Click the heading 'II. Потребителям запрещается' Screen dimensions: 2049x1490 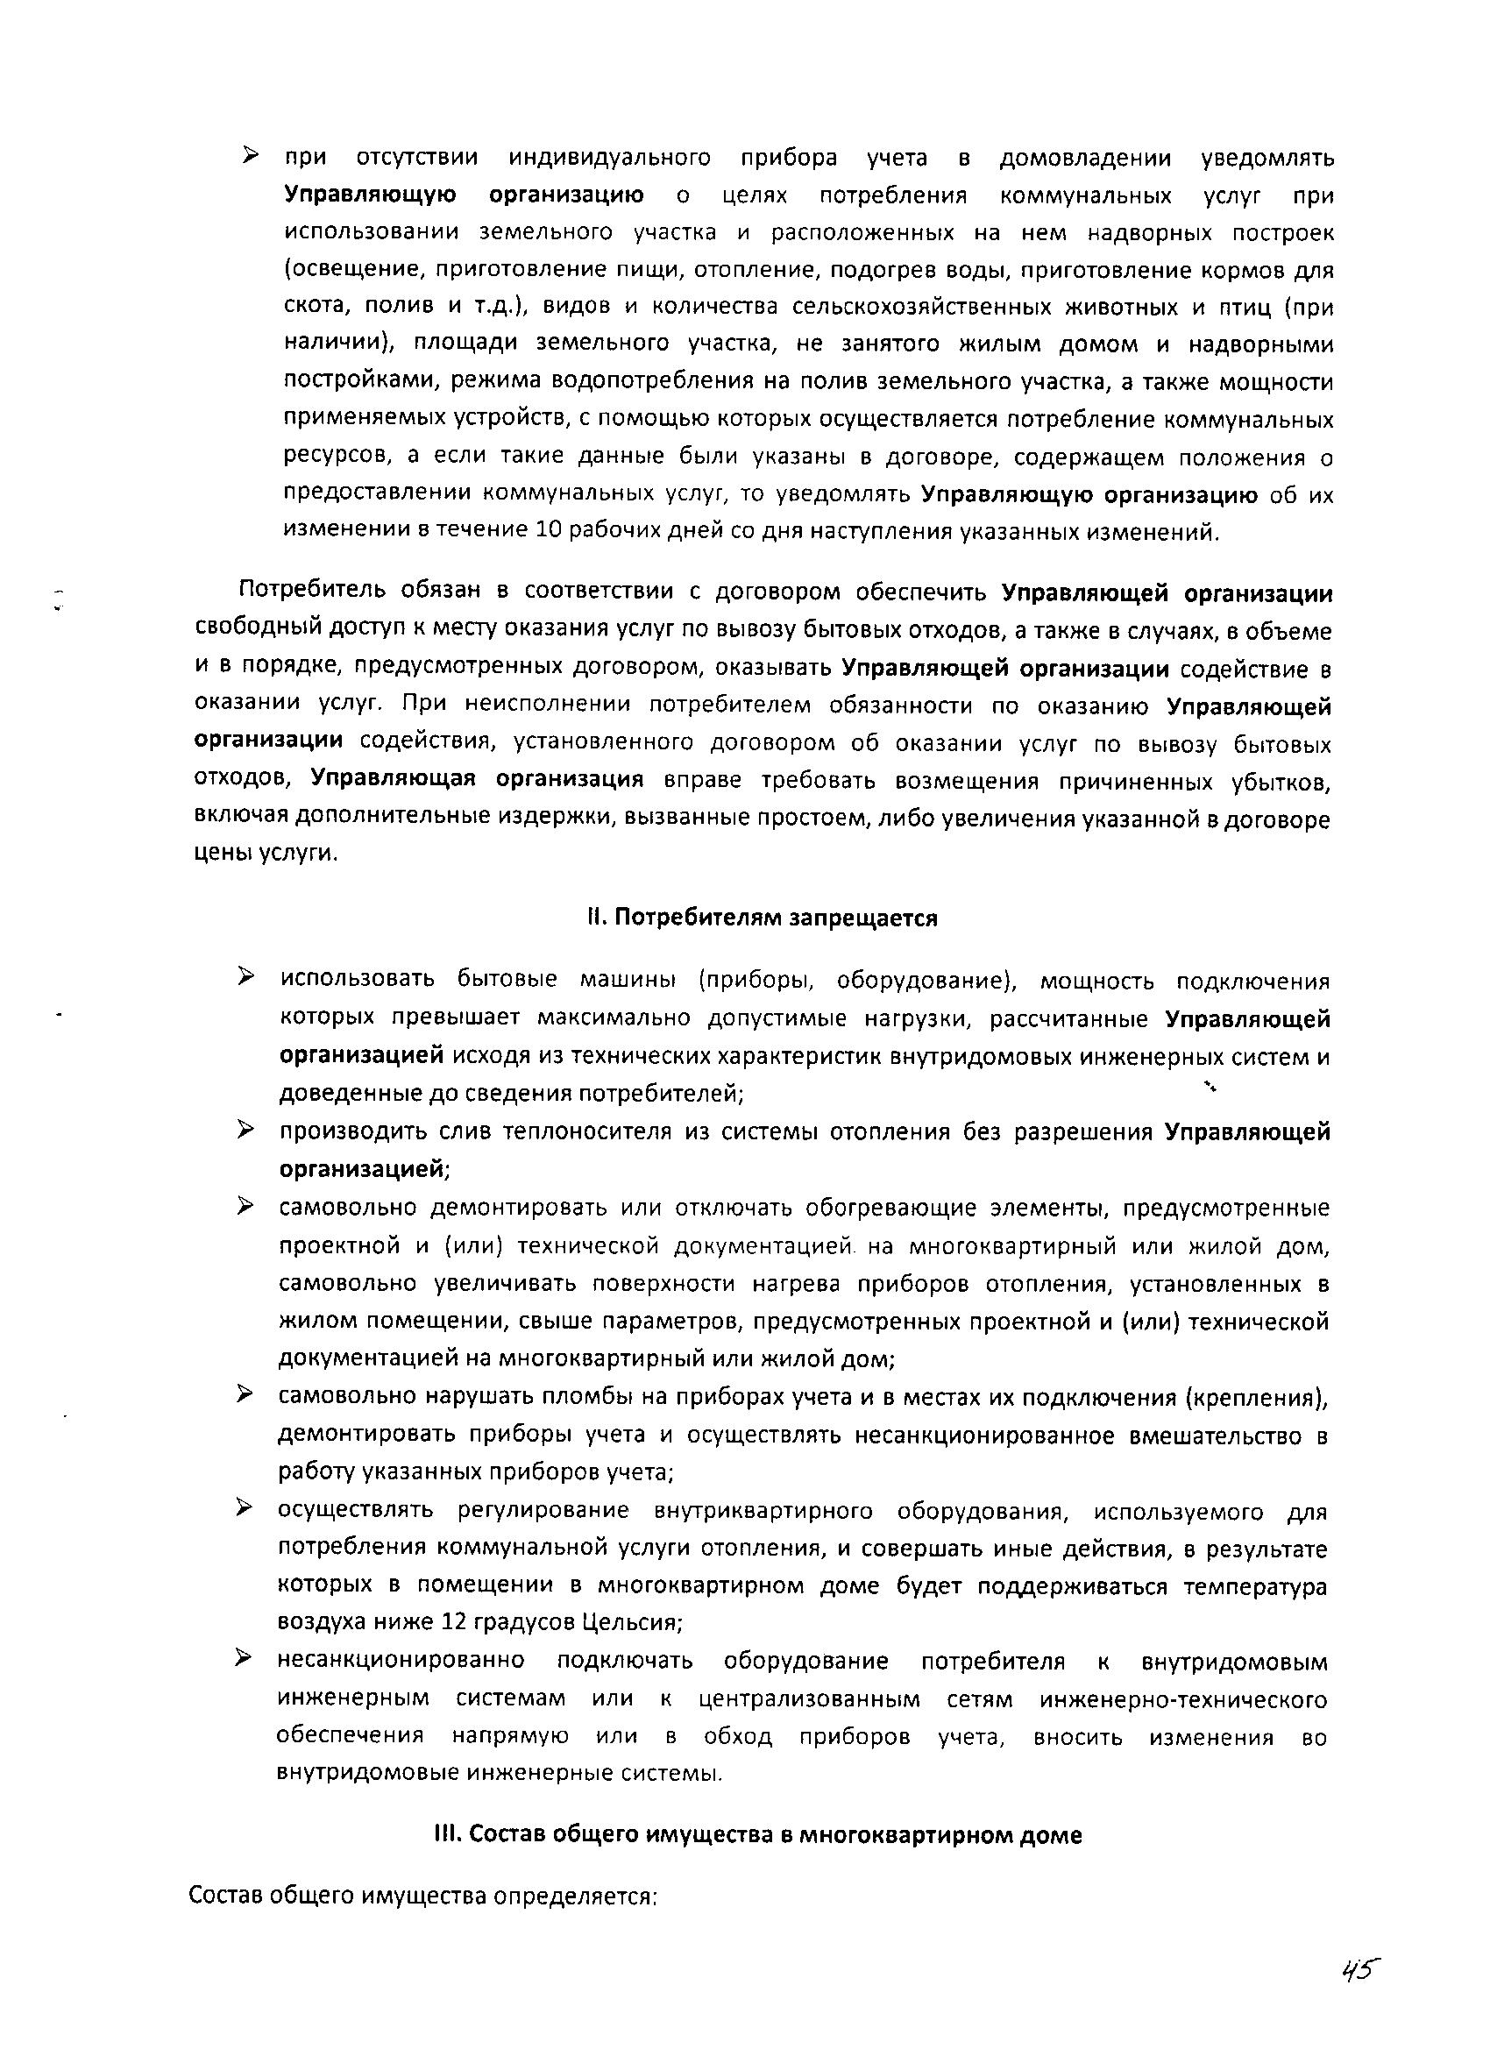point(762,918)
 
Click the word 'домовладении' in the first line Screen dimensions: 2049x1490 point(1085,159)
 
